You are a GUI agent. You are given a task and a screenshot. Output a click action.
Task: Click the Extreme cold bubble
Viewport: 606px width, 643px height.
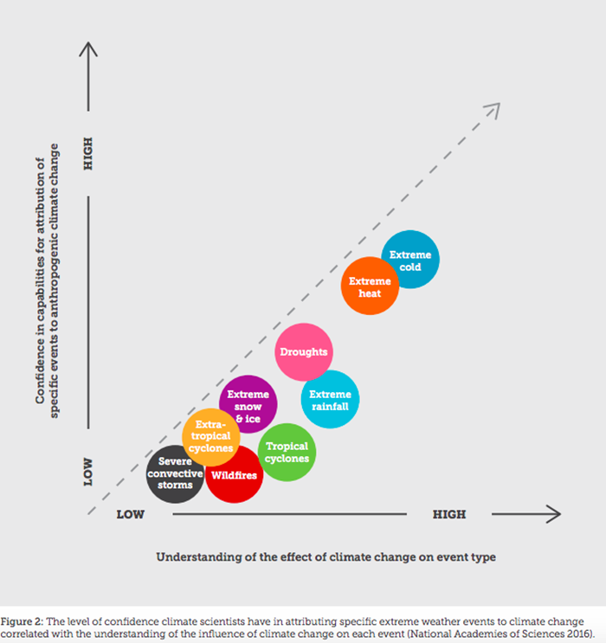click(411, 261)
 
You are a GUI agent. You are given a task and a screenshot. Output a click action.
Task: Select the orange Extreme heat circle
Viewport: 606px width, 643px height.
click(371, 287)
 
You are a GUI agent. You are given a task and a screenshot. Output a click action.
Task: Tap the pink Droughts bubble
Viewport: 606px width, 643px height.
click(305, 352)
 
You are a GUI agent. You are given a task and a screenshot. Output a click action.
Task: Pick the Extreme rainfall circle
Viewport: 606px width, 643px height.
click(330, 400)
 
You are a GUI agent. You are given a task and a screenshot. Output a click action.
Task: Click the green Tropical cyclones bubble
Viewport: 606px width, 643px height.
click(287, 453)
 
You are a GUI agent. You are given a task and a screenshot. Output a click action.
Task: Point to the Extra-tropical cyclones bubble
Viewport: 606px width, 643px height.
click(211, 436)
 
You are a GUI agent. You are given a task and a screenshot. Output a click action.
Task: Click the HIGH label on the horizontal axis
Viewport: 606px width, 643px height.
click(449, 515)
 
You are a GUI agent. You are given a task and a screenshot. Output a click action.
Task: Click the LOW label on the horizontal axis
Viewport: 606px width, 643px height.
click(130, 515)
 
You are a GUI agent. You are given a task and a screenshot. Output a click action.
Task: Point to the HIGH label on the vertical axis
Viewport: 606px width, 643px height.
click(87, 152)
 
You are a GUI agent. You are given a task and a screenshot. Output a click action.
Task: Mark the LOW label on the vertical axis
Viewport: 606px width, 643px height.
click(87, 472)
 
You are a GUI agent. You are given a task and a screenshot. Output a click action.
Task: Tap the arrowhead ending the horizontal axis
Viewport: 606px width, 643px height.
click(551, 514)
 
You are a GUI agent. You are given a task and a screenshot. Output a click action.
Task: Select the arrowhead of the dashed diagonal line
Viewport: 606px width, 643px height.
click(493, 110)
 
